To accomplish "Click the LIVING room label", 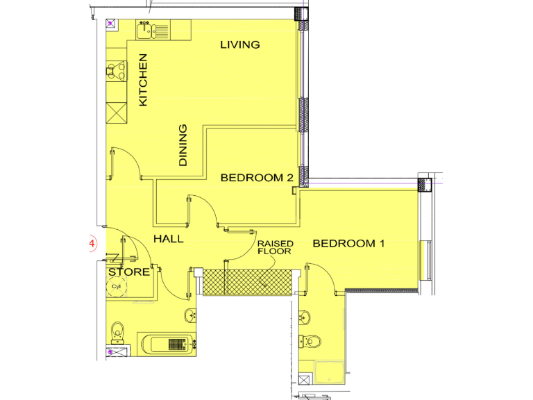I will point(239,44).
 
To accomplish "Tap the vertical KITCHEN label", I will point(144,80).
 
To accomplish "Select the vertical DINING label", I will point(183,145).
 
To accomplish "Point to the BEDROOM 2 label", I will point(256,178).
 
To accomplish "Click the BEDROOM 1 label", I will point(348,244).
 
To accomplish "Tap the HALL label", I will point(169,239).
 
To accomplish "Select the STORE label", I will point(128,272).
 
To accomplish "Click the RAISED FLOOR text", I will point(276,248).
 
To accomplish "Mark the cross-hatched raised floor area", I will point(246,281).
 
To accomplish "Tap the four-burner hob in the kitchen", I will point(115,70).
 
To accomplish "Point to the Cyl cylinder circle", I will point(117,287).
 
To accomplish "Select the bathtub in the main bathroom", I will point(167,343).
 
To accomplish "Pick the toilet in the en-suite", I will point(312,342).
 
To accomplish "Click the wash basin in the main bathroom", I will point(192,317).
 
